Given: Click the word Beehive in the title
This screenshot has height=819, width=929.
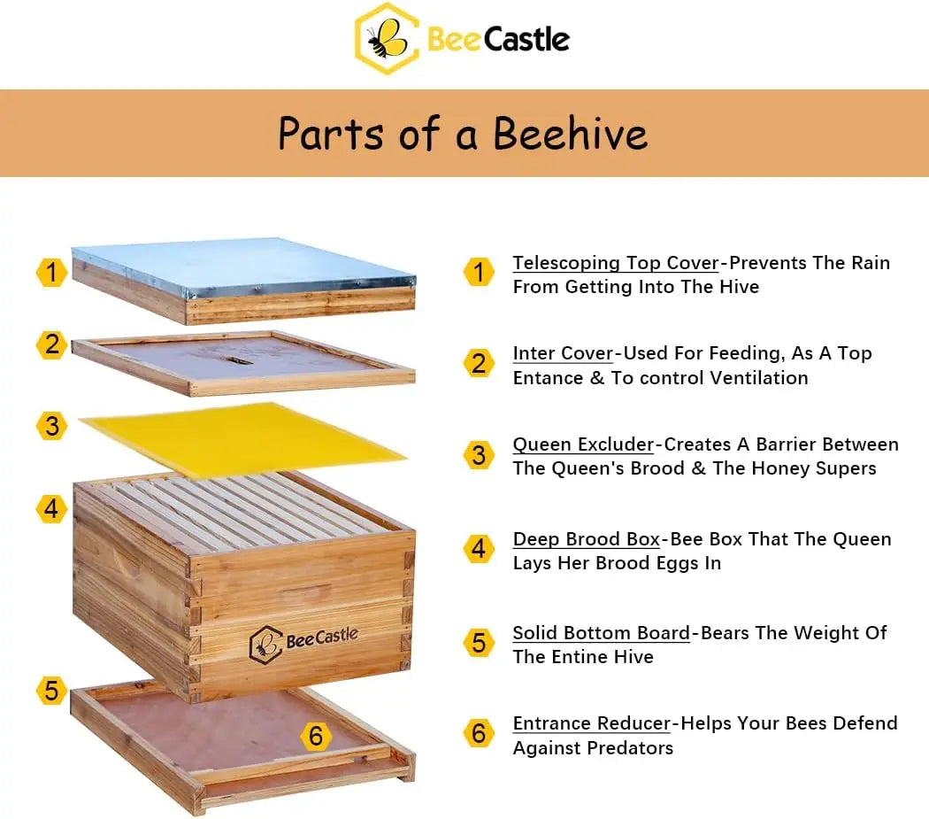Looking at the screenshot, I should click(570, 134).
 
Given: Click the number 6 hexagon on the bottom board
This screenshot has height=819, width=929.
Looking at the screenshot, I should click(316, 736).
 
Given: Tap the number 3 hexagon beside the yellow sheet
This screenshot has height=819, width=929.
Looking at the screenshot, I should click(51, 426).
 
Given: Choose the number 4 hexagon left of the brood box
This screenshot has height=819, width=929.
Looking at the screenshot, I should click(51, 509).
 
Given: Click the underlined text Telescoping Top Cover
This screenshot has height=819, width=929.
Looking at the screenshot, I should click(616, 263).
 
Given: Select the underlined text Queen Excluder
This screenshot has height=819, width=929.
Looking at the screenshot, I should click(583, 444).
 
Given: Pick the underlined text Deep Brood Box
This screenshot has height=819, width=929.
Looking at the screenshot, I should click(587, 539).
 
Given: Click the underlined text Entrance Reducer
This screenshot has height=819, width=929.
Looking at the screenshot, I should click(592, 723).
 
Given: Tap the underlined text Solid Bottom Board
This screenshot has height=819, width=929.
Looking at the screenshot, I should click(602, 633).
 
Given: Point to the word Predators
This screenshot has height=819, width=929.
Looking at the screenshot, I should click(630, 748).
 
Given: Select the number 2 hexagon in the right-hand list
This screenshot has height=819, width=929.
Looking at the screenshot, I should click(479, 363).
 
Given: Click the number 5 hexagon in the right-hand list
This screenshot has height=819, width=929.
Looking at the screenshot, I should click(479, 642).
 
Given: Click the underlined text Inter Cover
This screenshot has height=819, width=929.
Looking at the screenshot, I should click(563, 353).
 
